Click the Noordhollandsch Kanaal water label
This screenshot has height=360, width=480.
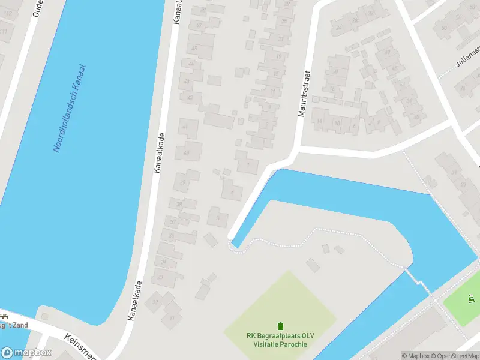coord(70,108)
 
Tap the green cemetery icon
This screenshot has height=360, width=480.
coord(280,326)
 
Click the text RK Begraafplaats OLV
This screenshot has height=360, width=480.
coord(280,336)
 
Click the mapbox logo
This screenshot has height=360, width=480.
coord(26,353)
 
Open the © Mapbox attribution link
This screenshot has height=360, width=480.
coord(415,356)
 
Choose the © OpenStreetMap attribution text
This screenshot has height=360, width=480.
coord(456,356)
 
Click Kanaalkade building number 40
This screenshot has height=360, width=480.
coord(186,154)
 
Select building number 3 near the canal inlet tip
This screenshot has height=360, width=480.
coord(218,218)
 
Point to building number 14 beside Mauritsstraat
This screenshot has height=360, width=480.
coord(320,122)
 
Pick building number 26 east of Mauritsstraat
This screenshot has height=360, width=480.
coord(338,28)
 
